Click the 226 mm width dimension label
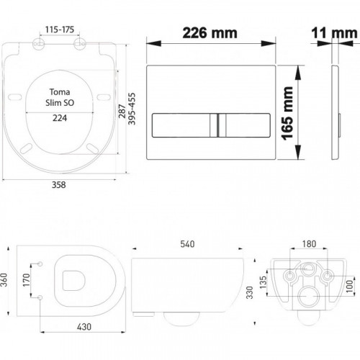click(x=210, y=33)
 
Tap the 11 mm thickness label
click(x=334, y=33)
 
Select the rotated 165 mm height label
click(x=288, y=113)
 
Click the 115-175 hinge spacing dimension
click(x=60, y=30)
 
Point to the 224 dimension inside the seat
click(x=60, y=118)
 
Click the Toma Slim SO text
click(x=60, y=97)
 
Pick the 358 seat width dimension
click(x=59, y=185)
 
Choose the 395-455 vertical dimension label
click(x=132, y=109)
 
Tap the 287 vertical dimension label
click(x=122, y=111)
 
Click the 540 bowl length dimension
click(x=187, y=244)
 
